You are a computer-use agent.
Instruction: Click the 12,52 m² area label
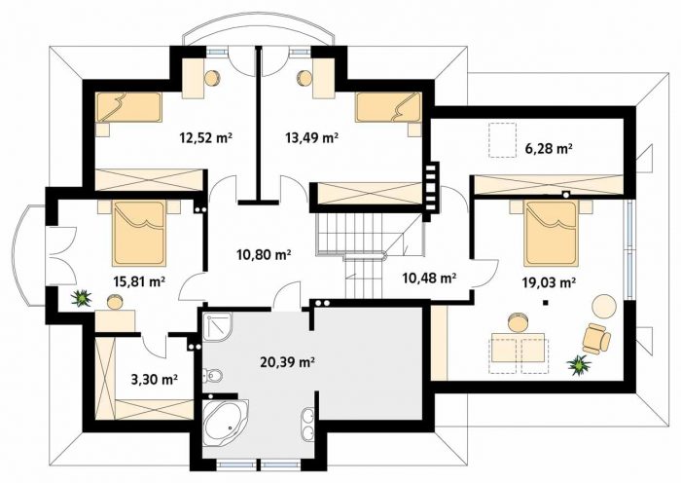pos(205,138)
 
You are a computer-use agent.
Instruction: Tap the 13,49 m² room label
pos(312,138)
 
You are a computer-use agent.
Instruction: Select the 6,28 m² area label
pos(549,149)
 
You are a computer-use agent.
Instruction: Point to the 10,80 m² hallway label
pos(264,254)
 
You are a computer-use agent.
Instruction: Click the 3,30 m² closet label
pos(154,380)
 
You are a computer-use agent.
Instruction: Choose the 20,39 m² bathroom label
pos(287,361)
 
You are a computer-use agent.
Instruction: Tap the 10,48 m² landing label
pos(429,278)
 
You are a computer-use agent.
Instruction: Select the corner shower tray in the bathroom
pos(217,327)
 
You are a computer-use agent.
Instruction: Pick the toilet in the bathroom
pos(213,375)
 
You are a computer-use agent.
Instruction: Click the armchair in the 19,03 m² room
pos(596,338)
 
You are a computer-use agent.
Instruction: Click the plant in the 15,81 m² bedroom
pos(81,298)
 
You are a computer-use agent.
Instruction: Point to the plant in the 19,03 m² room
pos(580,365)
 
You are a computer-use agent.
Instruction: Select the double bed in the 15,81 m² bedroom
pos(139,233)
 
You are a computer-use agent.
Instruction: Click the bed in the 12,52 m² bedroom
pos(129,107)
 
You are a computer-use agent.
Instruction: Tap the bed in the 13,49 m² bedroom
pos(388,107)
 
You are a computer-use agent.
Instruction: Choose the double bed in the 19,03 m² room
pos(552,233)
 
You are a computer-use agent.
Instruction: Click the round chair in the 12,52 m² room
pos(212,78)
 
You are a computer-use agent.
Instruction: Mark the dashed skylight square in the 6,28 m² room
pos(503,139)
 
